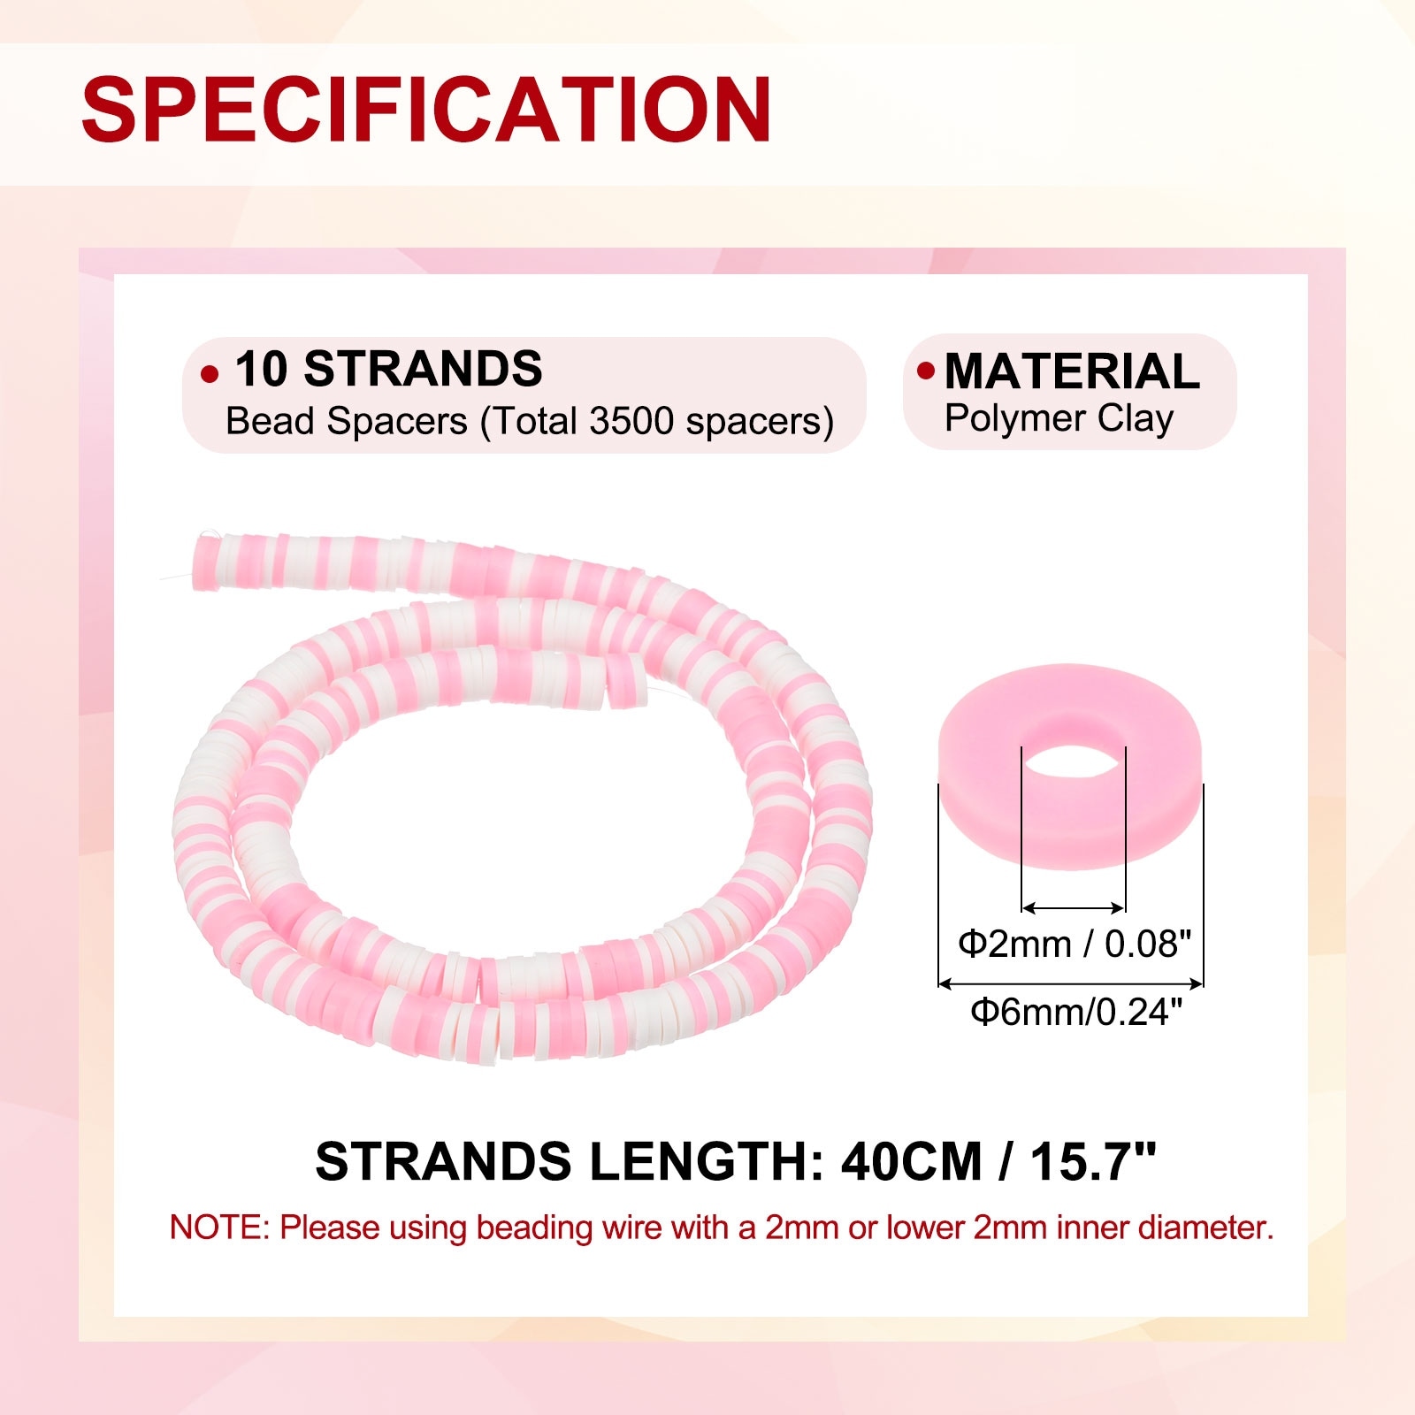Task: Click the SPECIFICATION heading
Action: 427,109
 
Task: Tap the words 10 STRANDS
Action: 388,369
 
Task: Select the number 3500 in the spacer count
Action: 632,421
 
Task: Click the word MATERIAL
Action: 1072,371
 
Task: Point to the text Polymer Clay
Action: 1059,418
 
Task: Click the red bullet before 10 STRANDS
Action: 210,374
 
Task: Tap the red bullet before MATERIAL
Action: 926,371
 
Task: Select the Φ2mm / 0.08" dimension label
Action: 1075,944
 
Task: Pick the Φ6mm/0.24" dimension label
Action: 1076,1011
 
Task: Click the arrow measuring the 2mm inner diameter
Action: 1074,907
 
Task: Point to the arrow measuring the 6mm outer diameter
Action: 1071,983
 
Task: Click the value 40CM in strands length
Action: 912,1161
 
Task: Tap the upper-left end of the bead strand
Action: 202,555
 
